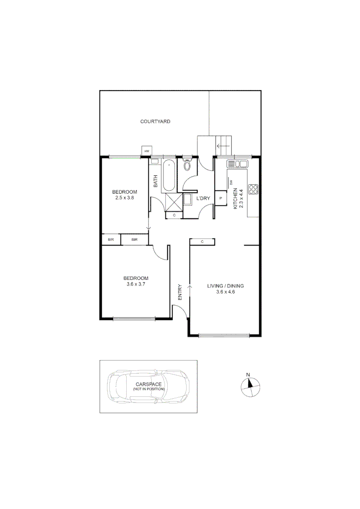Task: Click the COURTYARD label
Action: pyautogui.click(x=155, y=122)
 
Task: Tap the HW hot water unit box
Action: pyautogui.click(x=147, y=151)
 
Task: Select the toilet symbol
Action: pyautogui.click(x=187, y=165)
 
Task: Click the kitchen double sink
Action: pyautogui.click(x=237, y=164)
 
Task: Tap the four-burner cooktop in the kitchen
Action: pyautogui.click(x=254, y=189)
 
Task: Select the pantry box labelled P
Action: pyautogui.click(x=220, y=198)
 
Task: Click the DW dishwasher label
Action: pyautogui.click(x=231, y=183)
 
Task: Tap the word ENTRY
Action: pyautogui.click(x=180, y=292)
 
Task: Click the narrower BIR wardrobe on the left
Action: pyautogui.click(x=111, y=240)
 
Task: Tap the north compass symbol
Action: pyautogui.click(x=250, y=385)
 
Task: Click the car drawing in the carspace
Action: pyautogui.click(x=147, y=386)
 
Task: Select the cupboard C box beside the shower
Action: pyautogui.click(x=174, y=215)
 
